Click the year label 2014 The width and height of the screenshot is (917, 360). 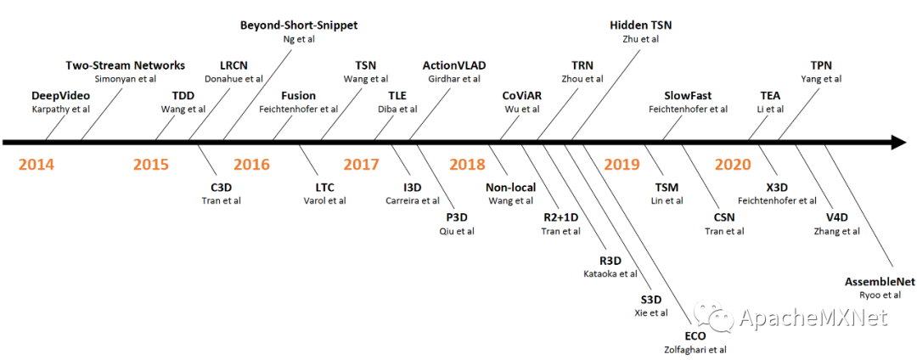coord(36,164)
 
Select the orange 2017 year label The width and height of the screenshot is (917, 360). coord(361,164)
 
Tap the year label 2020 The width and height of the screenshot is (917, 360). coord(732,164)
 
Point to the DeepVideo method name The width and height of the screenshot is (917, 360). coord(60,95)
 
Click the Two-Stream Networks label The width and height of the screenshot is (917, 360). coord(125,65)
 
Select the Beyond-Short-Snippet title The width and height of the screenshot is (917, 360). coord(298,25)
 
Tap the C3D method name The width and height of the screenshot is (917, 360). coord(221,187)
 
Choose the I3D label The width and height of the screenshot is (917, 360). coord(412,187)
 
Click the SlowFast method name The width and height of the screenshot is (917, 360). coord(688,95)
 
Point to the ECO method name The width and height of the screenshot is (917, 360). coord(695,335)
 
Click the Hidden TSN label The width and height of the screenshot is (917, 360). coord(641,25)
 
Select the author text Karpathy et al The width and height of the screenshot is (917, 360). coord(60,109)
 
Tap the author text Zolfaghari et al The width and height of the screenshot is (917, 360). coord(695,349)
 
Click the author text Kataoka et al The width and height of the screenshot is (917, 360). coord(610,273)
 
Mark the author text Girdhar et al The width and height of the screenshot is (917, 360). coord(453,79)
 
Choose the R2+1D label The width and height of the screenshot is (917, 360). coord(560,217)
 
